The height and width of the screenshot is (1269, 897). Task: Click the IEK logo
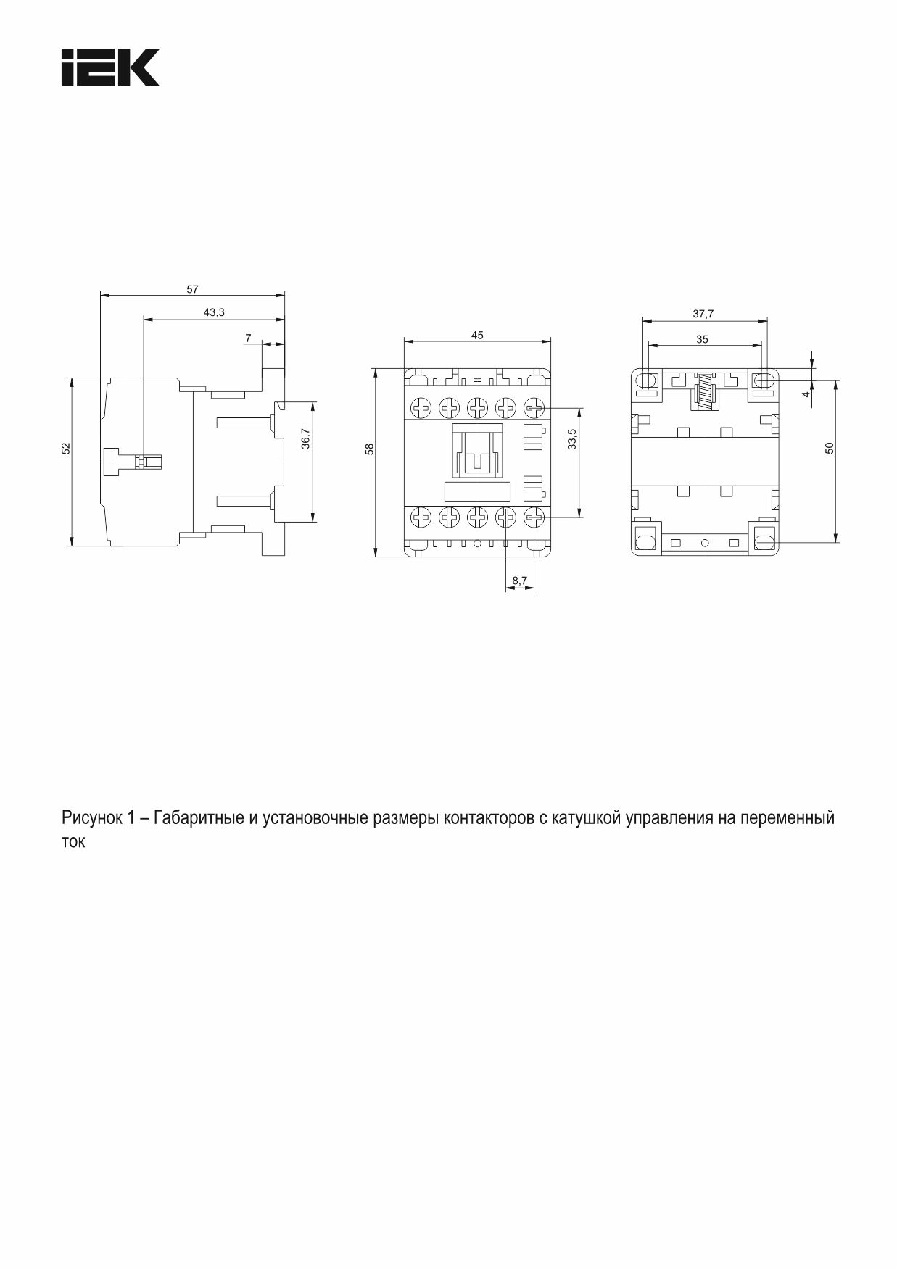pyautogui.click(x=110, y=67)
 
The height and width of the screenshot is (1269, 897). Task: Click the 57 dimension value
pyautogui.click(x=192, y=289)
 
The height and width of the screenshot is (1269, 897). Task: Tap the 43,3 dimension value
pyautogui.click(x=214, y=312)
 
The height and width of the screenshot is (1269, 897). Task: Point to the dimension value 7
pyautogui.click(x=248, y=338)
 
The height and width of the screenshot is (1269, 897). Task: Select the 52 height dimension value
pyautogui.click(x=66, y=449)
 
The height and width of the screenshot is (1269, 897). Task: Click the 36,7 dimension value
pyautogui.click(x=305, y=439)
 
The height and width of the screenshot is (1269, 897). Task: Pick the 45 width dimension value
pyautogui.click(x=477, y=335)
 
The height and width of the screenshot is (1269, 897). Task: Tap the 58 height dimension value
pyautogui.click(x=369, y=449)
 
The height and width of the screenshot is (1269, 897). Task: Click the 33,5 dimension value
pyautogui.click(x=572, y=439)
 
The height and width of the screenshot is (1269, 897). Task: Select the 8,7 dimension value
pyautogui.click(x=520, y=581)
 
